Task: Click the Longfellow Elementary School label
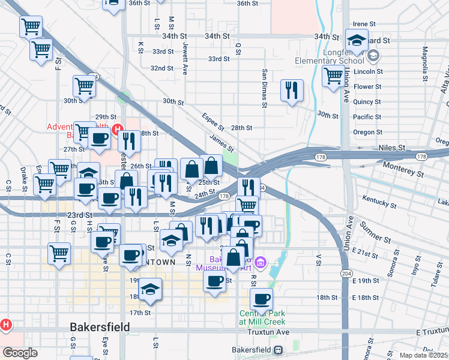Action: pos(329,61)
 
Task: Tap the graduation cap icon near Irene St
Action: pos(357,41)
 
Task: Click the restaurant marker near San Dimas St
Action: pos(292,91)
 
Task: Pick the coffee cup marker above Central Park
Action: pos(261,299)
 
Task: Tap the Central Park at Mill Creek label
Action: pos(265,318)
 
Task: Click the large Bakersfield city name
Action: pos(100,328)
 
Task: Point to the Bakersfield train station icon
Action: pos(277,350)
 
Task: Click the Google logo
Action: pos(19,353)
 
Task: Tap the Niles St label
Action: pos(393,147)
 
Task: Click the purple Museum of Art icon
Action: pos(260,262)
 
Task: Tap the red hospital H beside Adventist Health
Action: pos(118,128)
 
